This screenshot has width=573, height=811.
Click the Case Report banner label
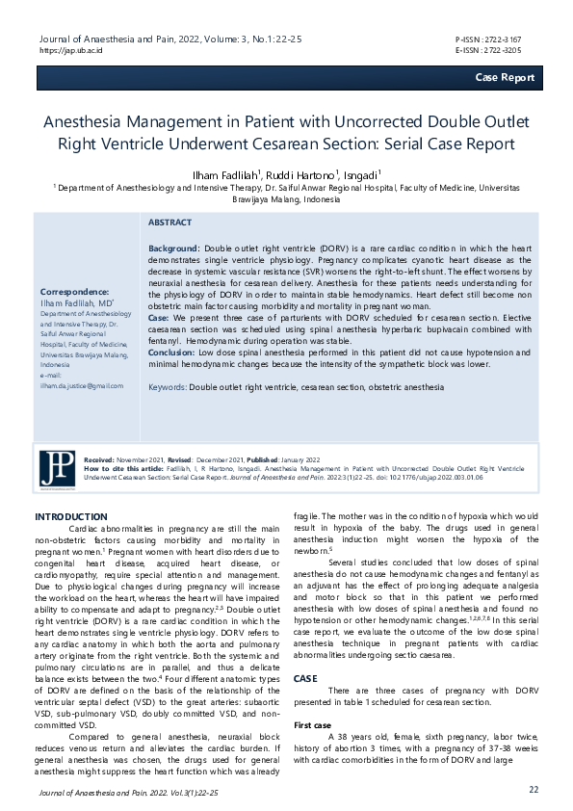505,77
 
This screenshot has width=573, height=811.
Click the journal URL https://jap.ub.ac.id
71,48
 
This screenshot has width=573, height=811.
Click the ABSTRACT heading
169,222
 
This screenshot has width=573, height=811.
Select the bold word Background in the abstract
173,249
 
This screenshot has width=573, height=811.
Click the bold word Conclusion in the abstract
171,353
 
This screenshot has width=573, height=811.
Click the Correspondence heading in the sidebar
74,291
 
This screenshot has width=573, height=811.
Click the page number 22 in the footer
534,789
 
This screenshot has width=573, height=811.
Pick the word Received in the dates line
99,461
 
